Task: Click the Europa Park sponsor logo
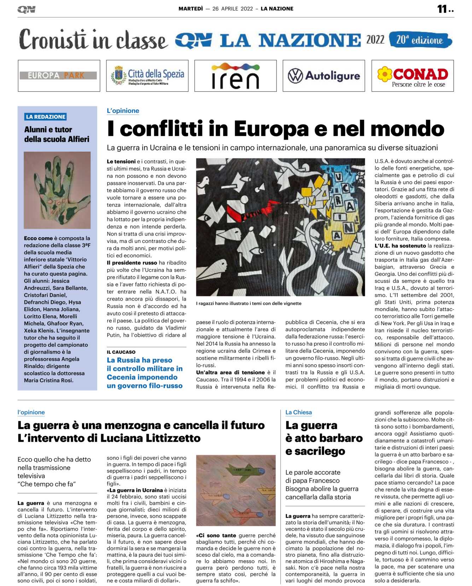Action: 59,76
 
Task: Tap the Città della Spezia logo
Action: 147,76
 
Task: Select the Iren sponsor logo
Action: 235,76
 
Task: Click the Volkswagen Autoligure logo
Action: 324,76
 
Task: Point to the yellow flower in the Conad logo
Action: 385,74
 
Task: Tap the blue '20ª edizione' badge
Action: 420,40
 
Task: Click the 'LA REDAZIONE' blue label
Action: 46,117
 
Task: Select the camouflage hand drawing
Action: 57,190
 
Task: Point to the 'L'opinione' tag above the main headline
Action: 123,111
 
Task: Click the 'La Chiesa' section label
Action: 298,412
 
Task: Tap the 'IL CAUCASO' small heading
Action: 121,352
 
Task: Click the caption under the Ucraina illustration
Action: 249,303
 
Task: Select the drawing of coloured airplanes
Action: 235,490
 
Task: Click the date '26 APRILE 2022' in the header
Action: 232,9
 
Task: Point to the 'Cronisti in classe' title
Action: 93,40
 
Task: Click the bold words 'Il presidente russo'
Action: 132,263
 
